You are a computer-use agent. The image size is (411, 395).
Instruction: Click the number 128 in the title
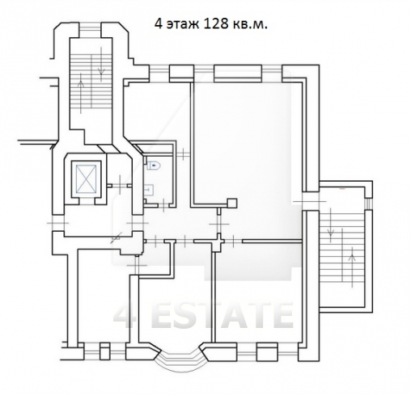click(214, 24)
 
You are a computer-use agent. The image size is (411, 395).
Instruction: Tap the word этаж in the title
click(183, 25)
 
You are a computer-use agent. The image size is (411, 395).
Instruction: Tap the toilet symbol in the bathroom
click(153, 165)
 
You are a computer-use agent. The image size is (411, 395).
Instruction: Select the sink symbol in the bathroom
click(150, 190)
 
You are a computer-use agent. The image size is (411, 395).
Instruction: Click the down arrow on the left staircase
click(101, 64)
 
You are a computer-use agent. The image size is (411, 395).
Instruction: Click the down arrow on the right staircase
click(330, 222)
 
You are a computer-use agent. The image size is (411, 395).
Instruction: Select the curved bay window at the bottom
click(180, 360)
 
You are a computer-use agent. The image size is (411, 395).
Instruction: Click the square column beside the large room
click(232, 204)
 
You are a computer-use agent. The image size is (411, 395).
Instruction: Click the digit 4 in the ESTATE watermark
click(125, 316)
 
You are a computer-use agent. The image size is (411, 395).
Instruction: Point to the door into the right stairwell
click(310, 201)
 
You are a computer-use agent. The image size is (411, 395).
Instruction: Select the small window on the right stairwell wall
click(368, 204)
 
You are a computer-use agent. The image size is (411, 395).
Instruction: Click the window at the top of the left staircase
click(91, 30)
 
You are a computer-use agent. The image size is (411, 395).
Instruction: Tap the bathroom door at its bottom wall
click(164, 205)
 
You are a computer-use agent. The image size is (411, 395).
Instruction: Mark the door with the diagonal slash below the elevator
click(117, 238)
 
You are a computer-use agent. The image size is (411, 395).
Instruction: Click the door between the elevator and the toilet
click(120, 186)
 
